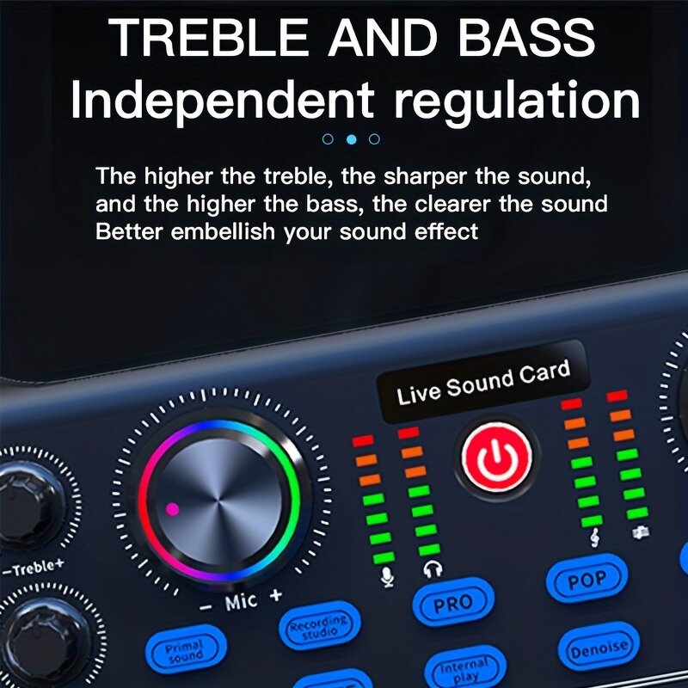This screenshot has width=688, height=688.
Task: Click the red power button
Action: [x=494, y=456]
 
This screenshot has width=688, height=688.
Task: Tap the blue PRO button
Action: [x=453, y=604]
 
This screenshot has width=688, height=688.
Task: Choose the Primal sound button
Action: [x=184, y=649]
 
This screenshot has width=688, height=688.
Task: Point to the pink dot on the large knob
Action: [x=172, y=509]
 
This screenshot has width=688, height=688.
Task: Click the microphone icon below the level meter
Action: [x=387, y=574]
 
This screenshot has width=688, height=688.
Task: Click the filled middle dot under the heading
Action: [x=350, y=138]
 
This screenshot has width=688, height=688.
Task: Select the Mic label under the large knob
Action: [x=242, y=602]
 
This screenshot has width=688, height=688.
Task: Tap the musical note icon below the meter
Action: [x=594, y=537]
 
